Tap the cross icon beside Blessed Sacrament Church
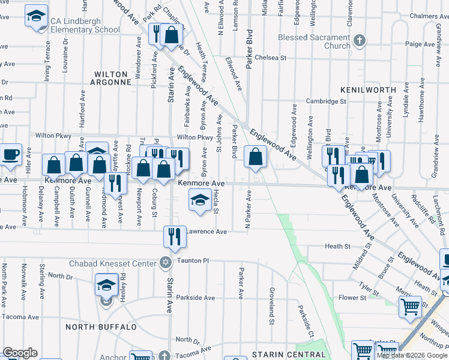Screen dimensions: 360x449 click(x=359, y=41)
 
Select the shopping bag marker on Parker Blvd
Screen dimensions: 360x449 click(x=255, y=157)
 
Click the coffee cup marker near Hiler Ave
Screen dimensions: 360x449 click(x=10, y=154)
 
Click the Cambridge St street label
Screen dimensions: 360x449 click(x=327, y=101)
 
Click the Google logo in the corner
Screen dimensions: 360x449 click(x=20, y=353)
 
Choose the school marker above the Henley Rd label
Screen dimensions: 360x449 click(x=106, y=284)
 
